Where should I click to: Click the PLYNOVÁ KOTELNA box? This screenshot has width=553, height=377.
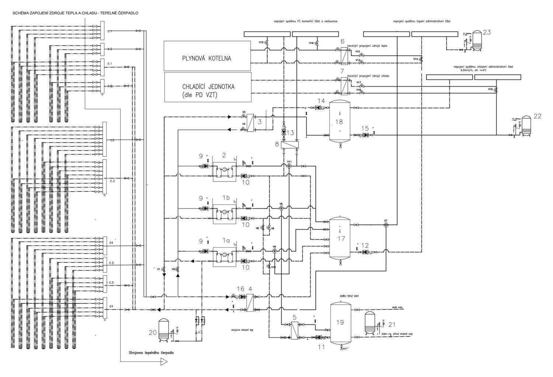pyautogui.click(x=207, y=55)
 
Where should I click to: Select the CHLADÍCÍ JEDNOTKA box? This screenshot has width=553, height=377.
pyautogui.click(x=208, y=87)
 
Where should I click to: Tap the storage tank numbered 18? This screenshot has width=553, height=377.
pyautogui.click(x=340, y=122)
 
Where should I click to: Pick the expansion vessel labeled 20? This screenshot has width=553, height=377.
pyautogui.click(x=163, y=330)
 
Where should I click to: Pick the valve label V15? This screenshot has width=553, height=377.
pyautogui.click(x=261, y=43)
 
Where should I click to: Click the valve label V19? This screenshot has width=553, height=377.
pyautogui.click(x=490, y=89)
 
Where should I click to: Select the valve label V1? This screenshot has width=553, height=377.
pyautogui.click(x=159, y=270)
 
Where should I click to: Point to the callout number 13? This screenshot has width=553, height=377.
pyautogui.click(x=291, y=133)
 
